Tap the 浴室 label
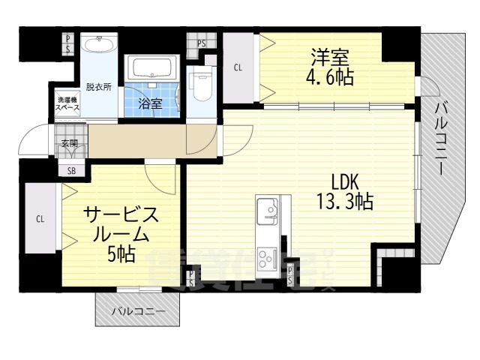click(151, 103)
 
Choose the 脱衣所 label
click(98, 86)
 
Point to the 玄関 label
click(70, 142)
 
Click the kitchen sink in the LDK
click(268, 209)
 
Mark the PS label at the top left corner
click(68, 43)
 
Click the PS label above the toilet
click(202, 43)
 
